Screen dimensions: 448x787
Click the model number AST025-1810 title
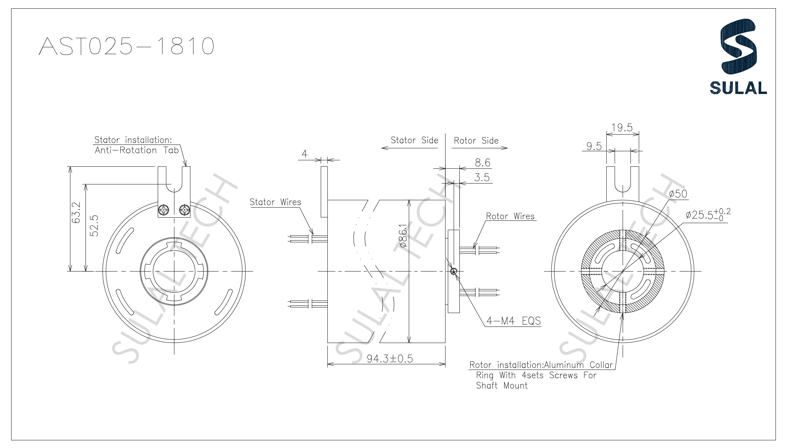coord(126,46)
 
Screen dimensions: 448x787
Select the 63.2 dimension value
coord(76,213)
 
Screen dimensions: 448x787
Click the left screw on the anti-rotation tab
coord(164,211)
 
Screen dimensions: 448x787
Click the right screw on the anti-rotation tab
coord(185,211)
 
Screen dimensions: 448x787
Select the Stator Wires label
coord(275,202)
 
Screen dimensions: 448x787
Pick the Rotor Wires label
coord(510,216)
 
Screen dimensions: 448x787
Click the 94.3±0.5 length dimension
coord(390,359)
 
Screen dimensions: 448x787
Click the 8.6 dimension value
coord(482,163)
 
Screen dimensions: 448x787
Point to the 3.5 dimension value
coord(482,178)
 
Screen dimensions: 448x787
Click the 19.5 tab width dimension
coord(622,128)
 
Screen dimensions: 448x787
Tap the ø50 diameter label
coord(678,194)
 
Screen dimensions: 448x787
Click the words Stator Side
coord(414,140)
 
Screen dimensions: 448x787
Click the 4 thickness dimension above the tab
coord(304,154)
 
